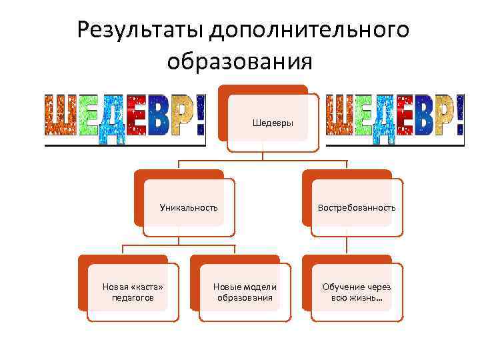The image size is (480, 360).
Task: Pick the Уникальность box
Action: pyautogui.click(x=189, y=207)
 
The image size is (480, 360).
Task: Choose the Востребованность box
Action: pyautogui.click(x=357, y=207)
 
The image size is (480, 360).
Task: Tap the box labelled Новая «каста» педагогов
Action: pyautogui.click(x=133, y=292)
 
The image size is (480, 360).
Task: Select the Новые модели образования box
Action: pyautogui.click(x=245, y=292)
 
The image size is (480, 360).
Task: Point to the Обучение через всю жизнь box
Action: pyautogui.click(x=357, y=292)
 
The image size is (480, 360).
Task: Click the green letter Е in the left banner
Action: pyautogui.click(x=89, y=114)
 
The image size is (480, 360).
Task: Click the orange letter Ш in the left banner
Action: pyautogui.click(x=61, y=115)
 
